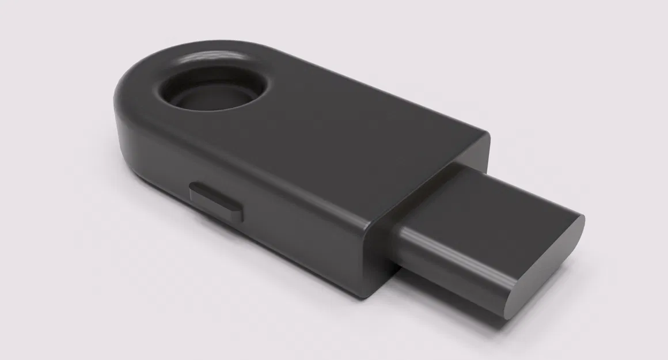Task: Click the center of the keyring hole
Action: tap(212, 94)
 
